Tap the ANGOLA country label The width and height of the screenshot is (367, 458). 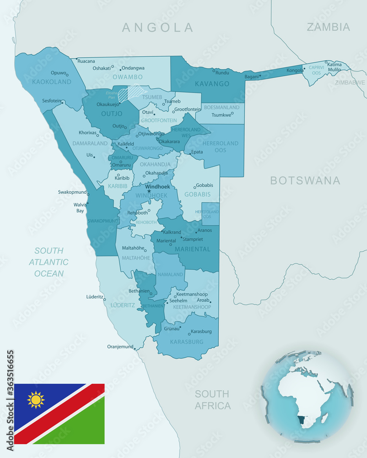[x=158, y=27]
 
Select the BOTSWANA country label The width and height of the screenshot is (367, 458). [x=305, y=180]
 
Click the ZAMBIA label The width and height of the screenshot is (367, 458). [x=328, y=27]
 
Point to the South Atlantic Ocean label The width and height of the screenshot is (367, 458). [x=49, y=262]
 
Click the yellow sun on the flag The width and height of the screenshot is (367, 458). [x=36, y=399]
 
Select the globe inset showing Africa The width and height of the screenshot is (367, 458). [x=307, y=396]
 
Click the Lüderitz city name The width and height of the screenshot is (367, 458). [x=95, y=297]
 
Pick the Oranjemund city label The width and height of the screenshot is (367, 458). [x=120, y=347]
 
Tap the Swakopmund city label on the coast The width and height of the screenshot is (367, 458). [x=72, y=192]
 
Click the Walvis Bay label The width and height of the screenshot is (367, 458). [x=80, y=208]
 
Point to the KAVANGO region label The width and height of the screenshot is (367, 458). [x=211, y=84]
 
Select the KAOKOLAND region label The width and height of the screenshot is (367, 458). [x=52, y=82]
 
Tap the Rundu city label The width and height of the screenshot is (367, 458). [x=222, y=72]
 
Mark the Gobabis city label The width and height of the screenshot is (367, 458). [x=205, y=185]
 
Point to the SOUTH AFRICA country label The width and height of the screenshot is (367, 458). [x=212, y=399]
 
